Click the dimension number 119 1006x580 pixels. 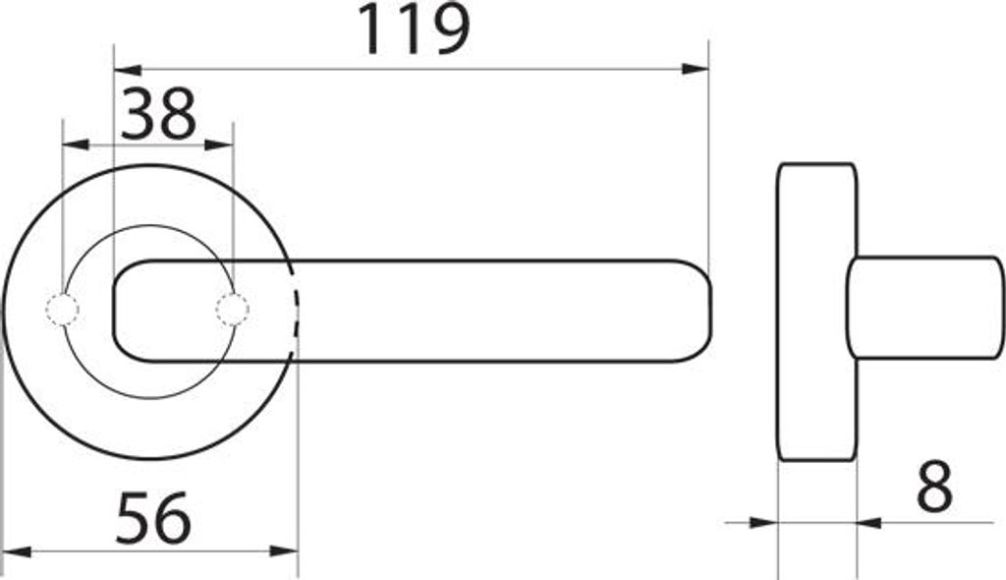413,29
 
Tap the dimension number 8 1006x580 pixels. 933,488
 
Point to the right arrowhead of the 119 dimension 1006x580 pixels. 697,69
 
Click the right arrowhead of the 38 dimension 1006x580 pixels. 221,145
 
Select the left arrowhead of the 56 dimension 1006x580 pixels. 16,551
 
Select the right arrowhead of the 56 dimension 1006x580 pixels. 285,551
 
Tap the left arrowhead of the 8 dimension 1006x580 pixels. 764,523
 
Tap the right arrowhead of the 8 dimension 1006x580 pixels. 868,523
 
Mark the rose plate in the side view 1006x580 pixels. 815,311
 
